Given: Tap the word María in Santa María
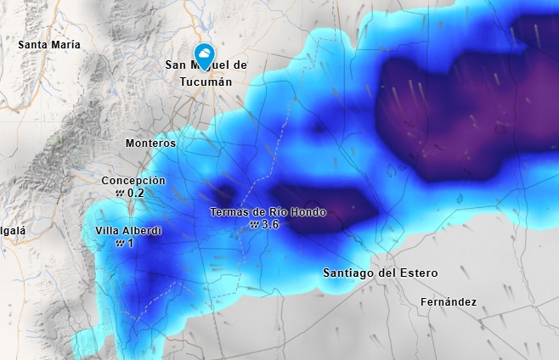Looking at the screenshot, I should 66,44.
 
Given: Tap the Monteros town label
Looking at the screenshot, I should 150,143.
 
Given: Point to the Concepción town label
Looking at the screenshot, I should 133,181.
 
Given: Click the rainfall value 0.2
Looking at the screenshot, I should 136,194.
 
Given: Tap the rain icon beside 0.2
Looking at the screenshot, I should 120,194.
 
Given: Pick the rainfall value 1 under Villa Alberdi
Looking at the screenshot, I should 131,243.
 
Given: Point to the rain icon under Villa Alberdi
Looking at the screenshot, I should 120,243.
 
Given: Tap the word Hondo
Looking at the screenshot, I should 308,212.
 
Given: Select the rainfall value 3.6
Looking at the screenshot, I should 271,225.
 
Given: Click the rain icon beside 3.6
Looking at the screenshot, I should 254,225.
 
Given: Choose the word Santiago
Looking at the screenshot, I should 352,273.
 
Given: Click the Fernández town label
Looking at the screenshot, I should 449,302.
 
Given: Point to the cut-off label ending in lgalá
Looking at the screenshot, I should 13,230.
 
